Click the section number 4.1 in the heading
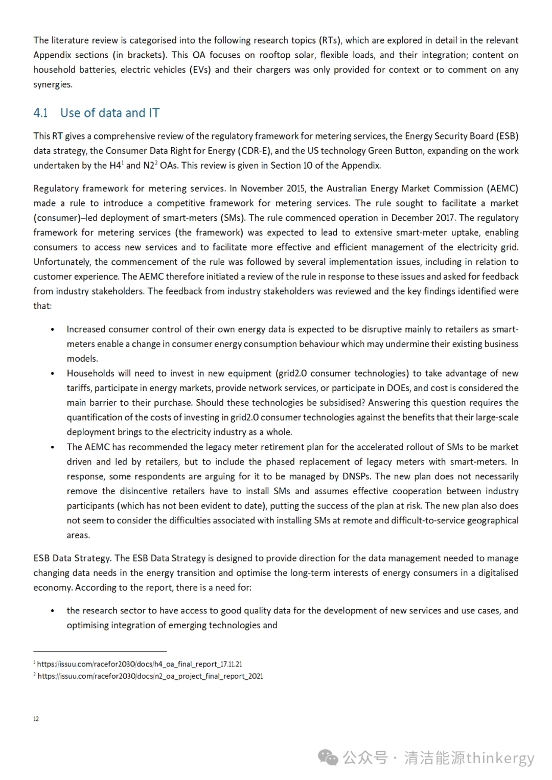(x=40, y=113)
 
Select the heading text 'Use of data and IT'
(x=110, y=113)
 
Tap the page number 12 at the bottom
(x=36, y=719)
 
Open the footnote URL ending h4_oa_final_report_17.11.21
(x=140, y=664)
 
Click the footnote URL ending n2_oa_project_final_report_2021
(x=150, y=676)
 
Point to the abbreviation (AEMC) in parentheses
(x=502, y=189)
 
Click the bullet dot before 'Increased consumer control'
(x=52, y=330)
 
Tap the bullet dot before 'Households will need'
(x=52, y=374)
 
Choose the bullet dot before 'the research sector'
(x=52, y=611)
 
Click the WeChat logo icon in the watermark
(x=328, y=758)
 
